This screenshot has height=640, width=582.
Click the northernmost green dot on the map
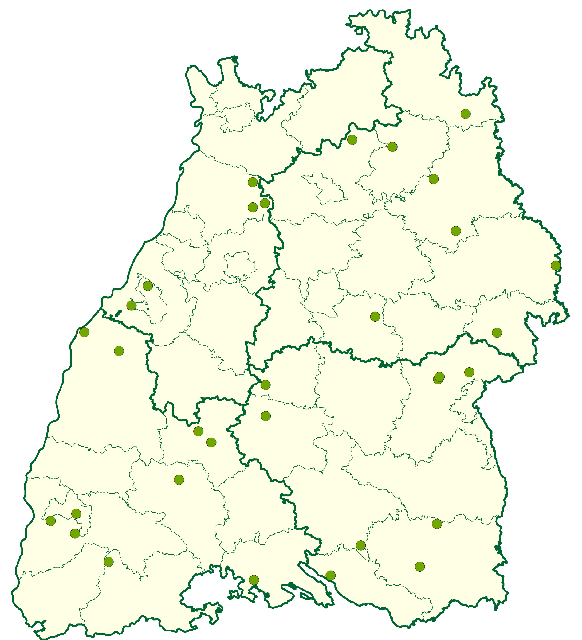pos(465,114)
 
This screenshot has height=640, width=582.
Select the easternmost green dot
pos(556,266)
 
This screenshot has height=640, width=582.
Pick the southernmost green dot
pos(254,580)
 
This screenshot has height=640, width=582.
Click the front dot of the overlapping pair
pos(439,377)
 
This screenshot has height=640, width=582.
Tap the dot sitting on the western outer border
pos(84,332)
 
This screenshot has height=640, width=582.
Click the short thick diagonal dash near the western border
pos(118,314)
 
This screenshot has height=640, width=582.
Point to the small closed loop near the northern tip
pos(359,31)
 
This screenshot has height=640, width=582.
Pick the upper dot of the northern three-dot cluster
pos(253,182)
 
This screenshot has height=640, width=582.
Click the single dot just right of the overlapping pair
pos(469,372)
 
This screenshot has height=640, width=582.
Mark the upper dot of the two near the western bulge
pos(148,286)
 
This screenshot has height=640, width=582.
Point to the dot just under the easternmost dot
pos(497,333)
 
